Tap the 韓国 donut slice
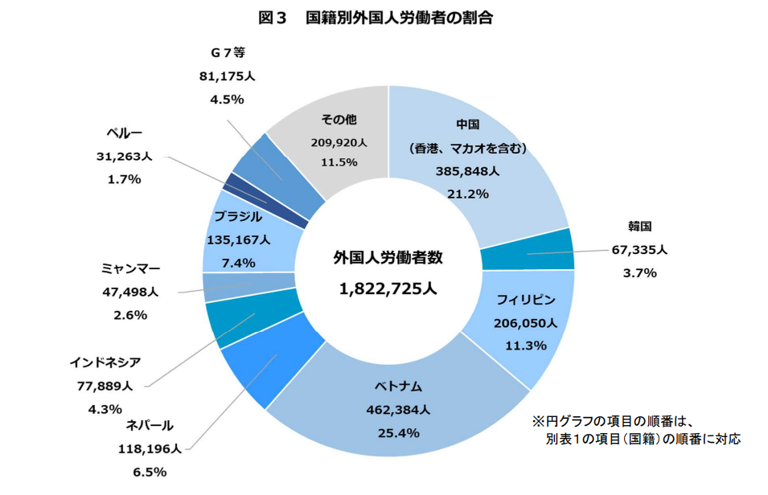[x=528, y=250]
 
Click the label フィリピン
[x=526, y=301]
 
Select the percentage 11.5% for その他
[x=339, y=162]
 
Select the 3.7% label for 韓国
[x=639, y=273]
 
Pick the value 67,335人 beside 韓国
[x=639, y=250]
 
